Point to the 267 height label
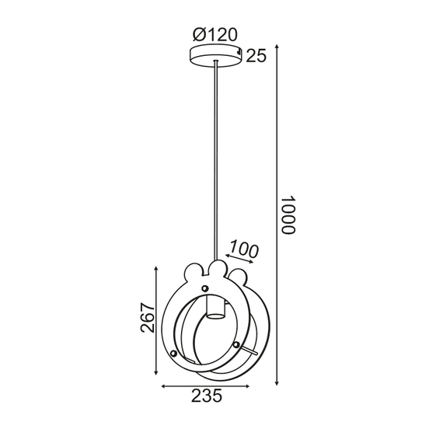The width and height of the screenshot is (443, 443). [148, 316]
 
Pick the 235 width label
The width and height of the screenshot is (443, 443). [206, 396]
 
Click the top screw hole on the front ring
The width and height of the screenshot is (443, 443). [205, 289]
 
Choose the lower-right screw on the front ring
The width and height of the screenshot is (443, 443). [237, 344]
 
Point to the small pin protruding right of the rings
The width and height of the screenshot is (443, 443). [253, 354]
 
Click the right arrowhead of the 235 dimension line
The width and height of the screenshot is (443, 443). [251, 385]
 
